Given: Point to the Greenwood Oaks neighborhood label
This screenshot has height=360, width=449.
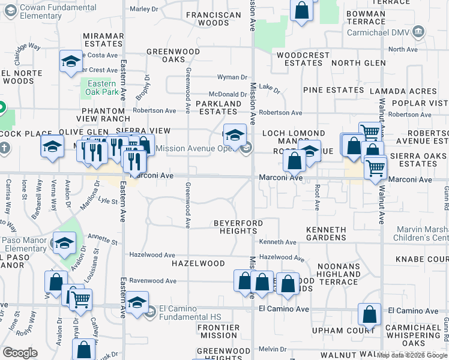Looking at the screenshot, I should click(x=173, y=56).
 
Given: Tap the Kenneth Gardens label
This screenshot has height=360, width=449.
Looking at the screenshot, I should click(x=326, y=233).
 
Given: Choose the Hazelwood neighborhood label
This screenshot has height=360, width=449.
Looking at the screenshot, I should click(x=198, y=263).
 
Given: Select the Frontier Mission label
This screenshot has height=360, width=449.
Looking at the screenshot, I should click(x=218, y=332).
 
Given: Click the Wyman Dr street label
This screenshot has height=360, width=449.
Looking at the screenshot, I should click(x=232, y=77).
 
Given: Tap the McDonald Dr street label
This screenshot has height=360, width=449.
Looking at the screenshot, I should click(x=228, y=94).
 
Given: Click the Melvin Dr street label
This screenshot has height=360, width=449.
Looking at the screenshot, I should click(x=274, y=349).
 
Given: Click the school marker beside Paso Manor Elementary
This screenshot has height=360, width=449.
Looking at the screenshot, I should click(x=64, y=242).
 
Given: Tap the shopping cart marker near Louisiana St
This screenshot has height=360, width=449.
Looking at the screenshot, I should click(x=80, y=299).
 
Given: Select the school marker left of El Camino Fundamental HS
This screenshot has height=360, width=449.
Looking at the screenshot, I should click(x=137, y=302).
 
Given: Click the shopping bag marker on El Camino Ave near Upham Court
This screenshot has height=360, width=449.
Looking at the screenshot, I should click(x=369, y=314).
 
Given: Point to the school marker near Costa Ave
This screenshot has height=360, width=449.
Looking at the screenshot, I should click(x=71, y=61).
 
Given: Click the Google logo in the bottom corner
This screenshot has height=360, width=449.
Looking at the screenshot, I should click(x=20, y=353).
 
